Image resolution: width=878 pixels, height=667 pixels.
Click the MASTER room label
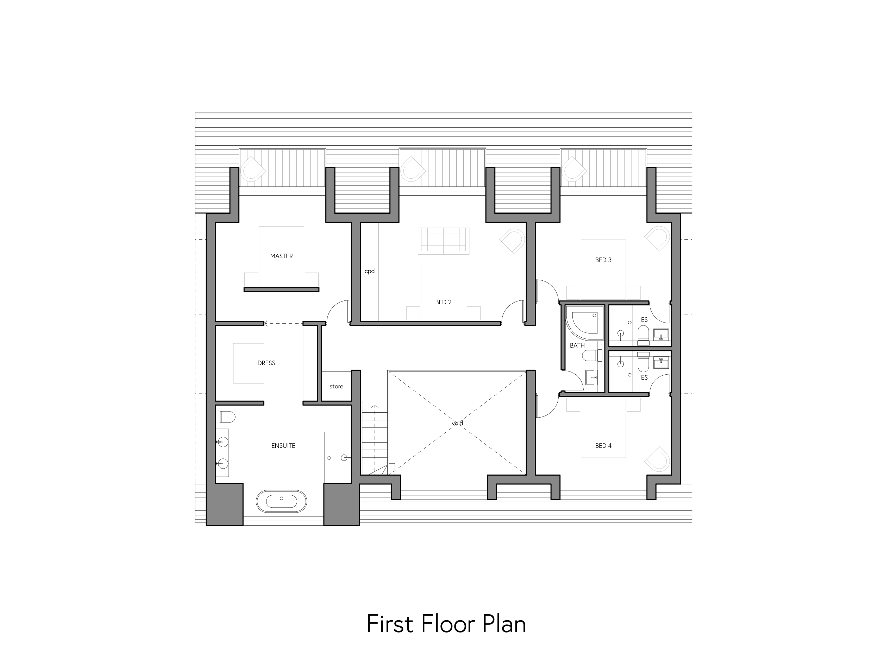tap(281, 256)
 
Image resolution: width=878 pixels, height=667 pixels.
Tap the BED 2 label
tap(443, 302)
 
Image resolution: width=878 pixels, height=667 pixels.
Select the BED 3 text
tap(603, 260)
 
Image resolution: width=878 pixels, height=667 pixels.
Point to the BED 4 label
tap(603, 445)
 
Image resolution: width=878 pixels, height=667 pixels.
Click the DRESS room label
tap(266, 363)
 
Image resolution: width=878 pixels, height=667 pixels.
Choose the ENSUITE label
tap(283, 445)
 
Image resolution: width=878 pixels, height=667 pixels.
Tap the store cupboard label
tap(336, 386)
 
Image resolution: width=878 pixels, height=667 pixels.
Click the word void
tap(457, 423)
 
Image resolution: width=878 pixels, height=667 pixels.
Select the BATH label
tap(577, 345)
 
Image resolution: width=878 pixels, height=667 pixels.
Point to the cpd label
tap(370, 271)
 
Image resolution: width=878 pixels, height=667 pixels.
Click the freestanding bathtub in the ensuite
tap(281, 501)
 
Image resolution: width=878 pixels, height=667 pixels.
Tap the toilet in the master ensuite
tap(225, 417)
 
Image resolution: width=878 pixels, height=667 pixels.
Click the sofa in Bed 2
tap(443, 241)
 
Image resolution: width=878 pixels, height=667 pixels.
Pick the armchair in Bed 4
tap(657, 460)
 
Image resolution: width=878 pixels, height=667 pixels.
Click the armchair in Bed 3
tap(657, 239)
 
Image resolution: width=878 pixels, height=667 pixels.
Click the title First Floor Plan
tap(446, 624)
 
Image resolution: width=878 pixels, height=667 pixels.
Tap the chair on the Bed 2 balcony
tap(413, 170)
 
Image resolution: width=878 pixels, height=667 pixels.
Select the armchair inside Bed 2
tap(512, 241)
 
